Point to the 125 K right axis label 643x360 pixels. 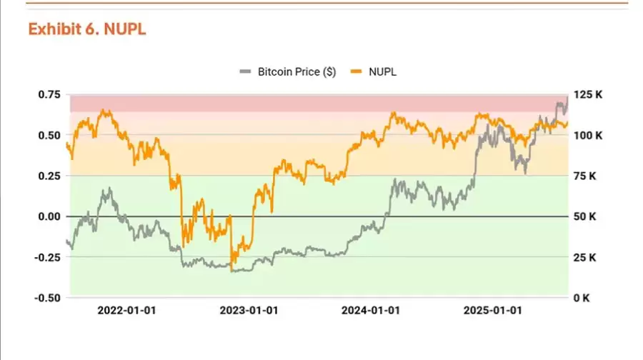[x=589, y=94]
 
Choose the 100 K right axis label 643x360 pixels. [x=589, y=135]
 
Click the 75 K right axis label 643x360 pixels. [x=587, y=176]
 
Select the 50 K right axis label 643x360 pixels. [x=587, y=216]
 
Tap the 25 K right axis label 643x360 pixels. [x=587, y=257]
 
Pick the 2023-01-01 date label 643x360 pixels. [x=249, y=311]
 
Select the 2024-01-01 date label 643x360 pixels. [x=371, y=311]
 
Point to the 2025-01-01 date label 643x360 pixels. [x=493, y=311]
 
